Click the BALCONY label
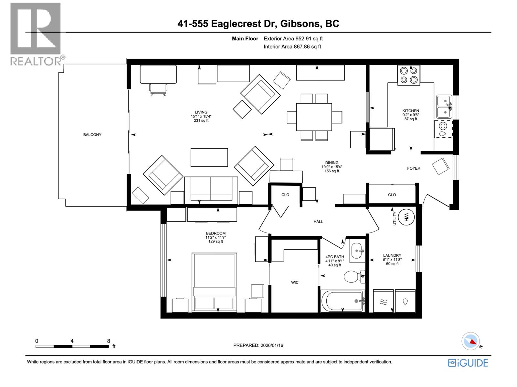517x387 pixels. click(x=92, y=134)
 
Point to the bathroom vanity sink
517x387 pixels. click(x=357, y=251)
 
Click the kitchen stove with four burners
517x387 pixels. click(x=408, y=75)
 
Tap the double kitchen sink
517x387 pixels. click(x=444, y=107)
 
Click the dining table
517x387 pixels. click(x=314, y=117)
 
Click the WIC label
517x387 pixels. click(x=295, y=283)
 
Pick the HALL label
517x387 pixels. click(x=318, y=222)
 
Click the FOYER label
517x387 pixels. click(x=414, y=168)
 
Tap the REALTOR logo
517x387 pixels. click(x=36, y=34)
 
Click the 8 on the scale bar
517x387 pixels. click(x=109, y=341)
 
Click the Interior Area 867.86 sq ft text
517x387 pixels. click(x=292, y=46)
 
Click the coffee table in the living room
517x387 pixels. click(x=209, y=157)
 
